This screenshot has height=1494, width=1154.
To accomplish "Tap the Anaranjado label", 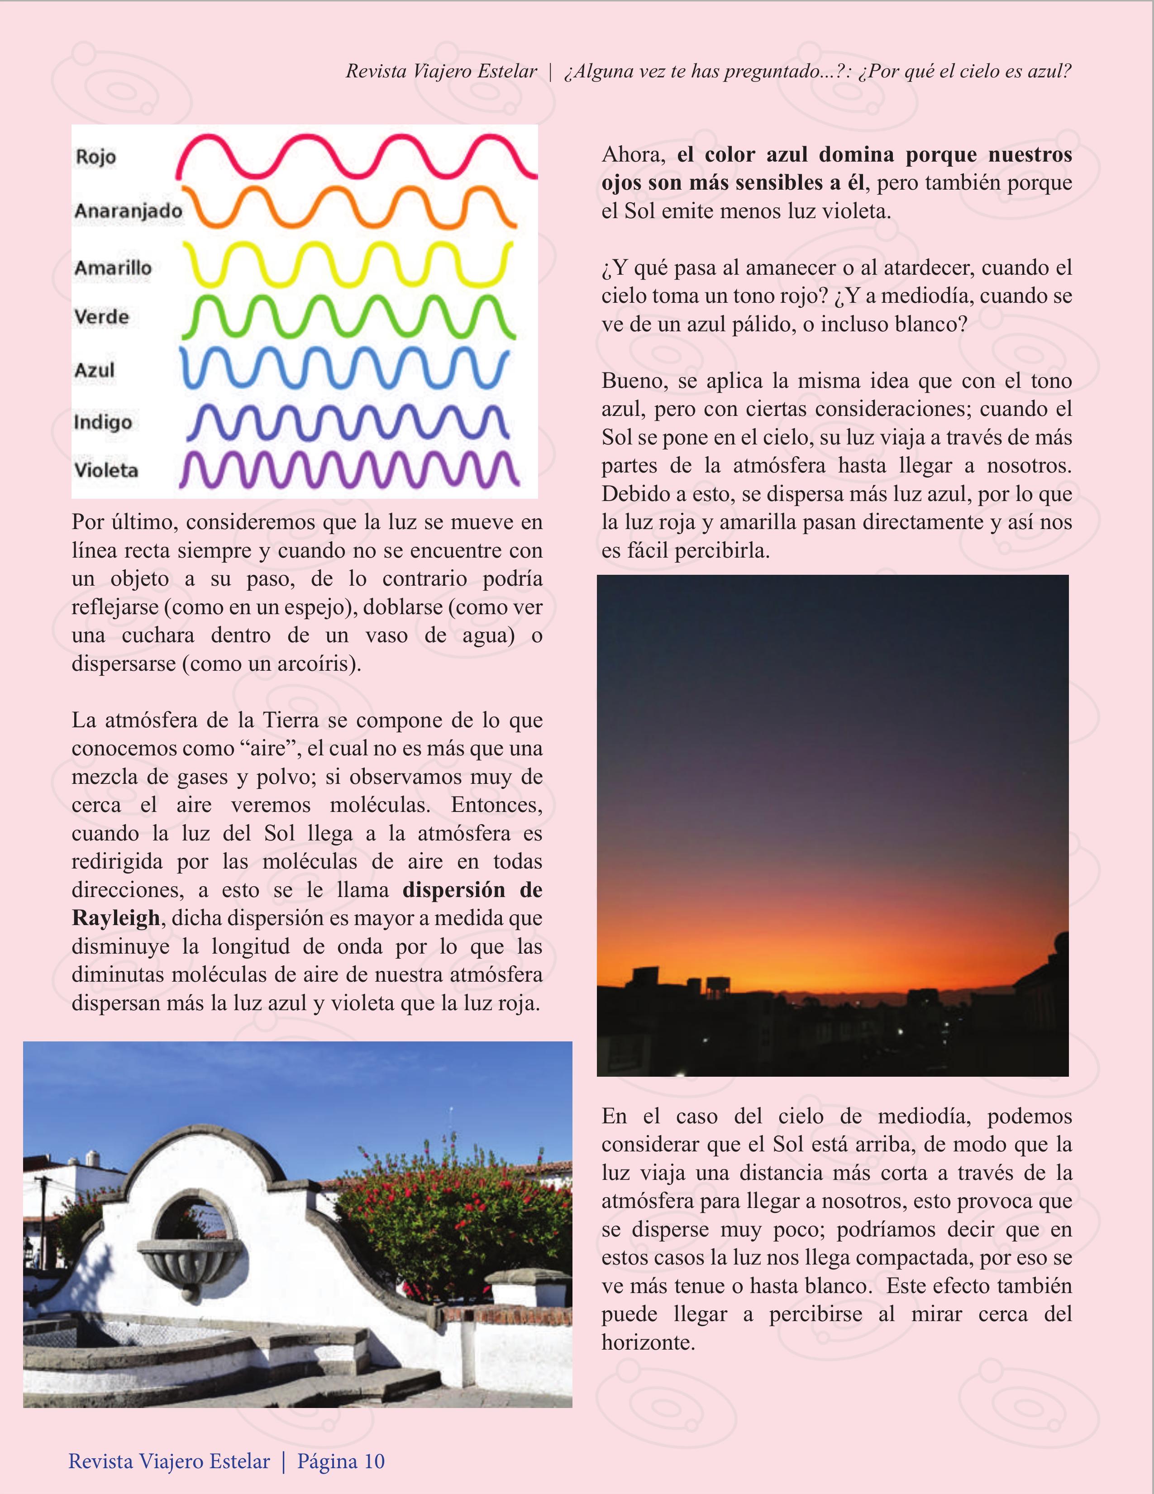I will (128, 211).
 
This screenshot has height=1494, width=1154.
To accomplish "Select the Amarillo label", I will (113, 267).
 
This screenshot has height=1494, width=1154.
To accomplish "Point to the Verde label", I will (102, 317).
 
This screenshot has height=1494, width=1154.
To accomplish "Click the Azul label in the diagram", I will (95, 370).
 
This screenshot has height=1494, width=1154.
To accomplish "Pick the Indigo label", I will (103, 422).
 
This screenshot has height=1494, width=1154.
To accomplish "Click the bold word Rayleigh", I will (115, 918).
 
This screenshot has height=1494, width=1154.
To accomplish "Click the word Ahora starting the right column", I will (633, 155).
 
